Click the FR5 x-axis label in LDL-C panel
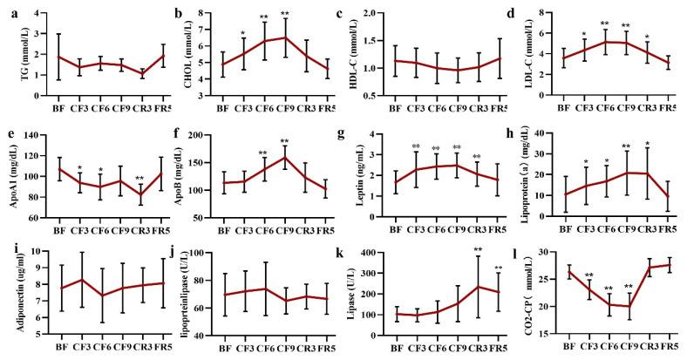click(668, 111)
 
